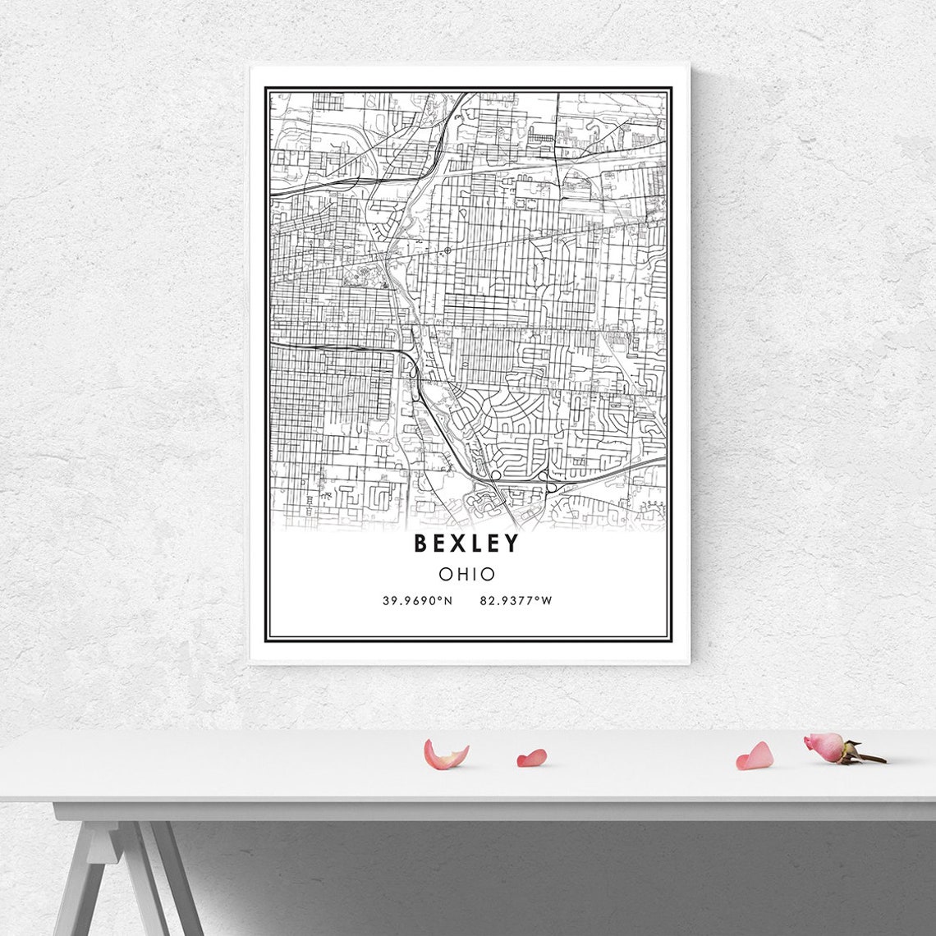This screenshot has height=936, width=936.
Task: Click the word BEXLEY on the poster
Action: point(466,544)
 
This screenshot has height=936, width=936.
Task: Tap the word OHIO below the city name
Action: point(466,574)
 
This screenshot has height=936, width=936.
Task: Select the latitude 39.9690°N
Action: point(417,601)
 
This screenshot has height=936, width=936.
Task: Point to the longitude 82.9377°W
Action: point(516,601)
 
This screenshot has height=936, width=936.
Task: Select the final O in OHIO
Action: point(488,574)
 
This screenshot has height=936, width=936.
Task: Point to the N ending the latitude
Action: point(448,601)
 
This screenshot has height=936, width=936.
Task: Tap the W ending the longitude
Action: point(548,601)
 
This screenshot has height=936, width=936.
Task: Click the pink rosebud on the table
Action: point(824,746)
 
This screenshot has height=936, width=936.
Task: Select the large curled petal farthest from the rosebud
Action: point(444,755)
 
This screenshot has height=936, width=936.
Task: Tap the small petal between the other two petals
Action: point(531,758)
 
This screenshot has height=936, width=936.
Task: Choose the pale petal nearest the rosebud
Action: point(755,756)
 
